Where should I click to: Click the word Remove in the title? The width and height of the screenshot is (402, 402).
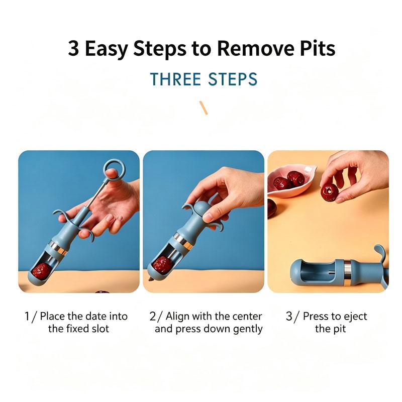click(255, 48)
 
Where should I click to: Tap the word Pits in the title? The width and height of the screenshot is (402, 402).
click(318, 48)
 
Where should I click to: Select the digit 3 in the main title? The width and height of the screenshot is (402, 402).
click(73, 48)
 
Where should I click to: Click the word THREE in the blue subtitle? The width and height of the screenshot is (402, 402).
click(175, 79)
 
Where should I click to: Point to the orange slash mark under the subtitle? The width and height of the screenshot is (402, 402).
click(204, 108)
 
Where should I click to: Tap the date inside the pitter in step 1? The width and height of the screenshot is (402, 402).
click(41, 271)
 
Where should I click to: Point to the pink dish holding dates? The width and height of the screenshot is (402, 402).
click(292, 182)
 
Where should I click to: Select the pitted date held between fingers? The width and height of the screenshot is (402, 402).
click(330, 191)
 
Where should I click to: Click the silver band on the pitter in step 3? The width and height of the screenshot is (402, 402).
click(348, 272)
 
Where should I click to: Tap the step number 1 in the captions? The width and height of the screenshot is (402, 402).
click(27, 316)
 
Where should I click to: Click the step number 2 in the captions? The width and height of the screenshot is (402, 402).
click(153, 316)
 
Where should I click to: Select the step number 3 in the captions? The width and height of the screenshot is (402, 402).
click(289, 316)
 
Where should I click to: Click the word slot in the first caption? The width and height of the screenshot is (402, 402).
click(100, 329)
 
